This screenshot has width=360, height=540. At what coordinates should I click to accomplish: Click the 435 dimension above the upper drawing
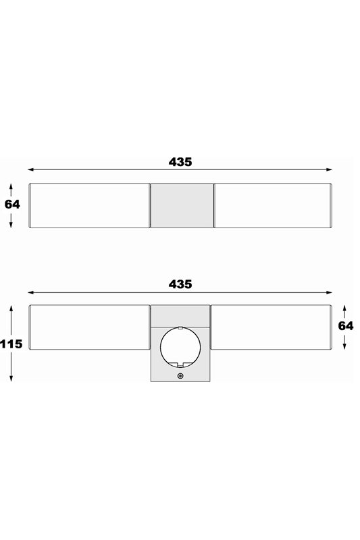click(180, 162)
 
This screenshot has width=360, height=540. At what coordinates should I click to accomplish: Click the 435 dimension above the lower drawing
click(180, 284)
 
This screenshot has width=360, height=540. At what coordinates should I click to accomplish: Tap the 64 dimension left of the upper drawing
click(12, 205)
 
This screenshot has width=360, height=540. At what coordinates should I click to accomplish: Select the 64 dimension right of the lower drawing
click(346, 326)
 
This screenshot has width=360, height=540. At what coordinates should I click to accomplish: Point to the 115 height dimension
click(11, 344)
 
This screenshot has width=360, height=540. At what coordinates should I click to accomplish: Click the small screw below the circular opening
click(180, 376)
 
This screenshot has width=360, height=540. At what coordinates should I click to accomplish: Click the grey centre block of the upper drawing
click(182, 205)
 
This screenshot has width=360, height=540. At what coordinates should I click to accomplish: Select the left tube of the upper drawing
click(89, 205)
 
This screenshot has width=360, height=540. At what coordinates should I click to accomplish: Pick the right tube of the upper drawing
click(273, 205)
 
